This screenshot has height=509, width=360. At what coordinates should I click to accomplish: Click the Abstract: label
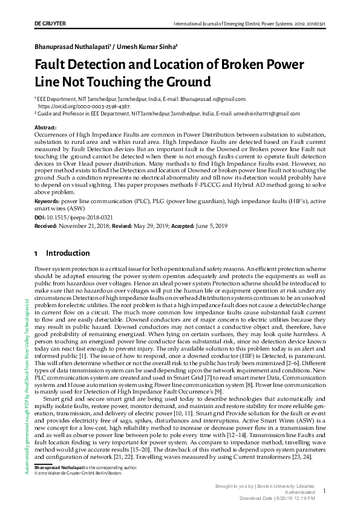pos(46,128)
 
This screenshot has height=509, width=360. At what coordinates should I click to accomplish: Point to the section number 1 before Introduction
pos(36,253)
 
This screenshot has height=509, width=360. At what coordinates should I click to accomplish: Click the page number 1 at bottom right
pos(324,491)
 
